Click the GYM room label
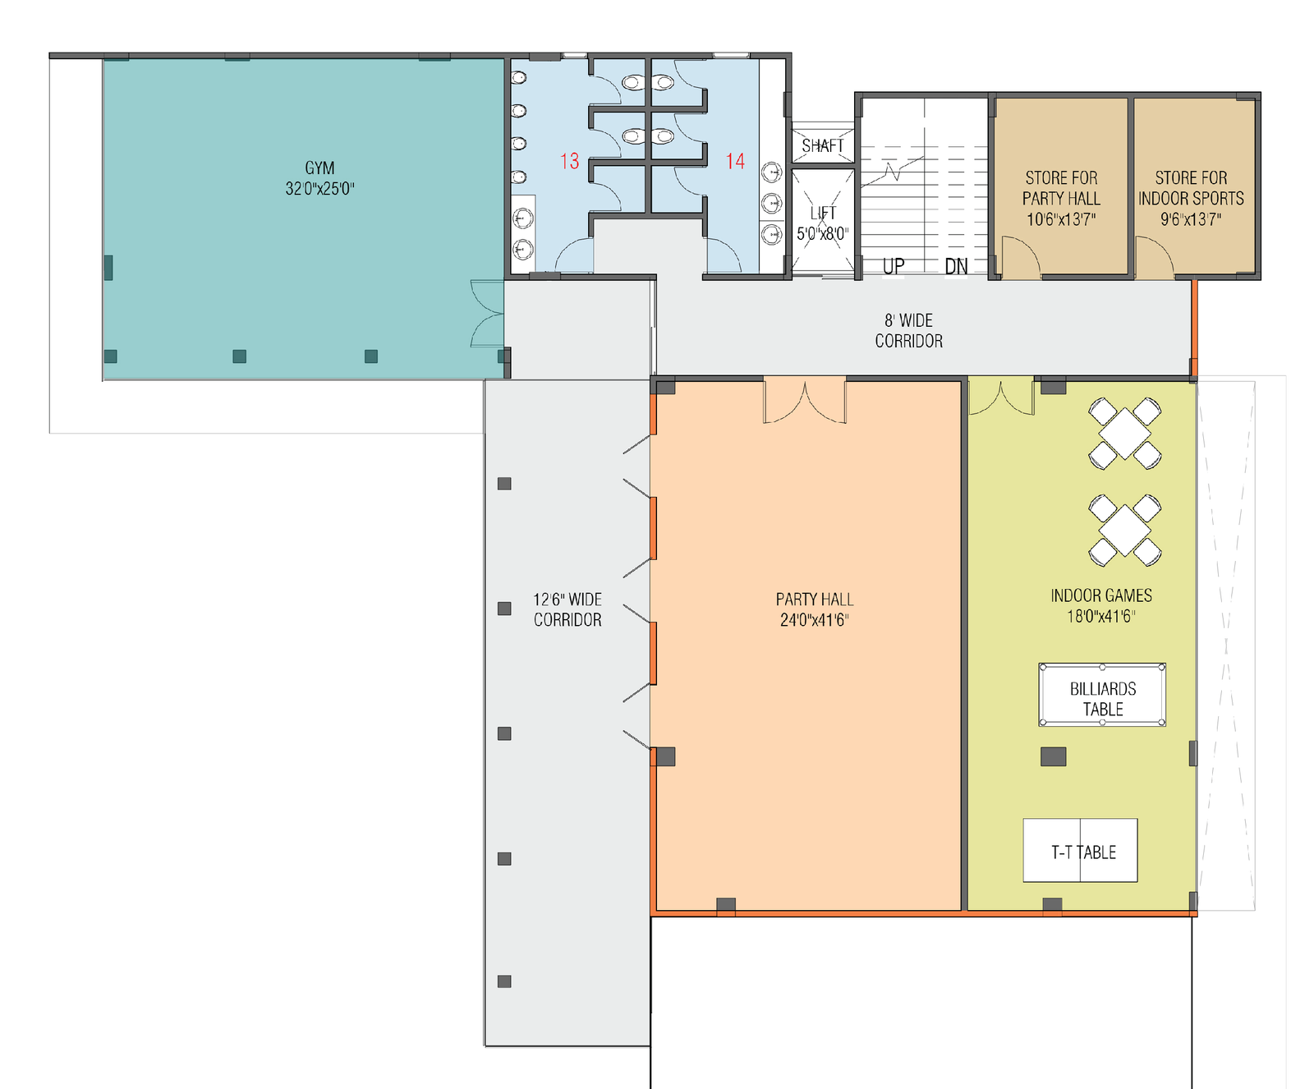coord(319,168)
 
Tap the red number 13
coord(570,161)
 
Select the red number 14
coord(735,161)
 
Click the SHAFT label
coord(823,146)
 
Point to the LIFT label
coord(823,214)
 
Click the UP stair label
coord(894,266)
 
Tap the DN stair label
coord(956,266)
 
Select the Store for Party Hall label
coord(1061,199)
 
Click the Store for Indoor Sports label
coord(1191,199)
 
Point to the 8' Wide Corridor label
coord(908,331)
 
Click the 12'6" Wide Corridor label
coord(567,610)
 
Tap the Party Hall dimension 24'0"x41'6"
coord(814,621)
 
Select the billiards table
coord(1102,695)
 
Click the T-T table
coord(1080,851)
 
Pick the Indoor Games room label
coord(1101,596)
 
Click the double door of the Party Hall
coord(805,401)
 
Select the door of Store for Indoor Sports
coord(1154,258)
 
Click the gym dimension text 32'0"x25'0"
coord(319,189)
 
